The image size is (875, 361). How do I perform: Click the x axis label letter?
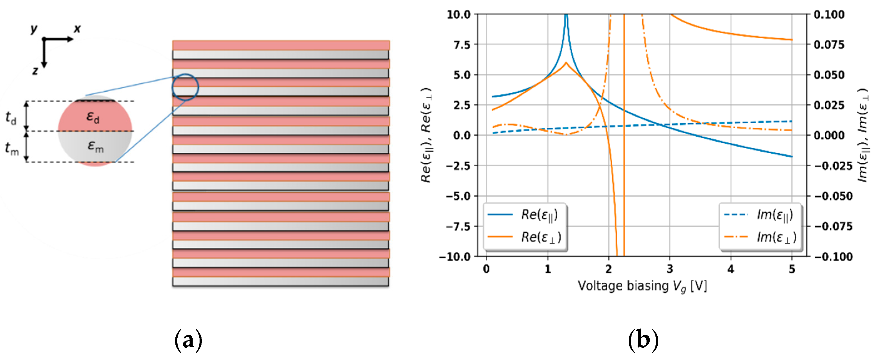78,29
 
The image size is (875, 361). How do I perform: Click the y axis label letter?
34,29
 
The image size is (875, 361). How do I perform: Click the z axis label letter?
35,71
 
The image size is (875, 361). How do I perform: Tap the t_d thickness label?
11,117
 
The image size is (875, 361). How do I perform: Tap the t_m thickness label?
12,148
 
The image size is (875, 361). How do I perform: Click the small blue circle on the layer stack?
185,87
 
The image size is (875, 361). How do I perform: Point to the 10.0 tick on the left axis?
458,15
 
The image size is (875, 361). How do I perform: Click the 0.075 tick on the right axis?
829,45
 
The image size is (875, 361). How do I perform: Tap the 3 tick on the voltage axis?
670,269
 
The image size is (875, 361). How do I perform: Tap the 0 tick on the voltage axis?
486,269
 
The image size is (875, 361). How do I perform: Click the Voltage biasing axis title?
642,286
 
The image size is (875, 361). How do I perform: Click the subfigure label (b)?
643,340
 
